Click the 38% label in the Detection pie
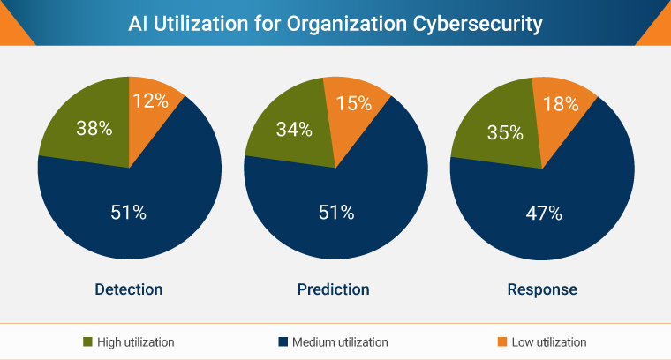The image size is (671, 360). [93, 129]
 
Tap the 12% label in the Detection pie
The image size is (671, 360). [150, 101]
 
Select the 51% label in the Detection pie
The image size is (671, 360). [129, 212]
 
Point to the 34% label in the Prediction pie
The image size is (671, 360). [294, 130]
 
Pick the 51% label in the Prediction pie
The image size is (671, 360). [335, 212]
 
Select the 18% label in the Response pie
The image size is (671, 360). [561, 104]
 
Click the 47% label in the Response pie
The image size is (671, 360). [542, 212]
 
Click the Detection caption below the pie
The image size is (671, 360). [129, 289]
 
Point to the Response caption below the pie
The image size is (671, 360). [542, 289]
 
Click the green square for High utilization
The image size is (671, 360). [87, 341]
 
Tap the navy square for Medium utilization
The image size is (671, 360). [281, 341]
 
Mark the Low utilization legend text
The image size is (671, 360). [549, 341]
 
